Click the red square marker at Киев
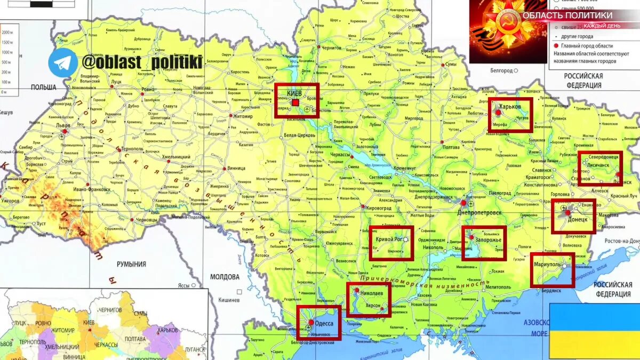(295, 102)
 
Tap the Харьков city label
(510, 107)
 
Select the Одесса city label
(324, 323)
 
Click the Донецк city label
(577, 219)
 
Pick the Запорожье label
(488, 241)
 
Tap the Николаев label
(371, 293)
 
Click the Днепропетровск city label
(479, 212)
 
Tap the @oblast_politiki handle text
(142, 62)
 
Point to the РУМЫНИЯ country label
(131, 264)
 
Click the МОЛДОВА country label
(225, 277)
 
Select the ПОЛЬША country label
(44, 87)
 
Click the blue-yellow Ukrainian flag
(594, 331)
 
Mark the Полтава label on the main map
(451, 147)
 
